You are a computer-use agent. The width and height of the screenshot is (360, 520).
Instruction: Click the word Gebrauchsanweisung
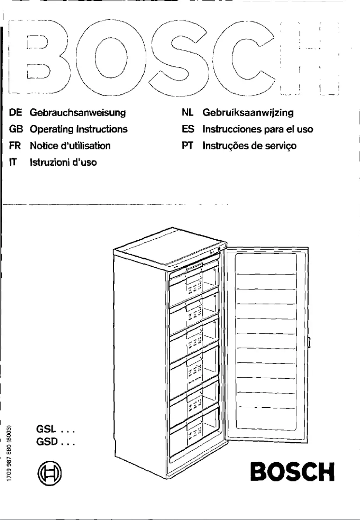[x=77, y=112]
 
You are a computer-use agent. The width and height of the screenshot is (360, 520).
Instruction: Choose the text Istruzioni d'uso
[x=63, y=161]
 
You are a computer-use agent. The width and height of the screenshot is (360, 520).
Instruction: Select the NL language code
[x=187, y=112]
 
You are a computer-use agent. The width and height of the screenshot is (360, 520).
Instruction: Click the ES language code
[x=187, y=129]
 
